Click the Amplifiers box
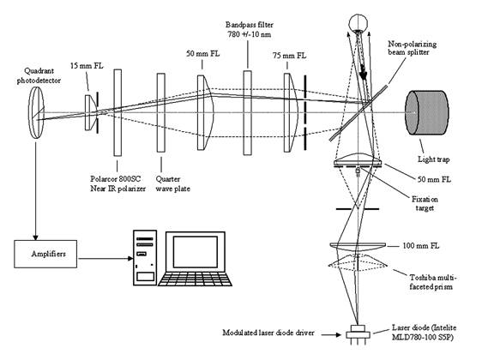[45, 254]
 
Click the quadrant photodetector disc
[36, 112]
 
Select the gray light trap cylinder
[427, 112]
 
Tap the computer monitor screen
[196, 252]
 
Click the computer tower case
[145, 258]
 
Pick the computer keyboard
[195, 279]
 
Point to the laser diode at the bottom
[358, 333]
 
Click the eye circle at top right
[358, 22]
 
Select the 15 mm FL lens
[90, 112]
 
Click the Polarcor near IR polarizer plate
[117, 112]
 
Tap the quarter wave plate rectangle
[161, 112]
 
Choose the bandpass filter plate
[247, 112]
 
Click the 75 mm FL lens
[291, 112]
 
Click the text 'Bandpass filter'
[250, 25]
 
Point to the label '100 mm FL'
[420, 246]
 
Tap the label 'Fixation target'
[425, 204]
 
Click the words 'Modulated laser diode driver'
[268, 333]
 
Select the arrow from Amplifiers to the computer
[105, 259]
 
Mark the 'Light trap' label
[434, 159]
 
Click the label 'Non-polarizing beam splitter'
[412, 48]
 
